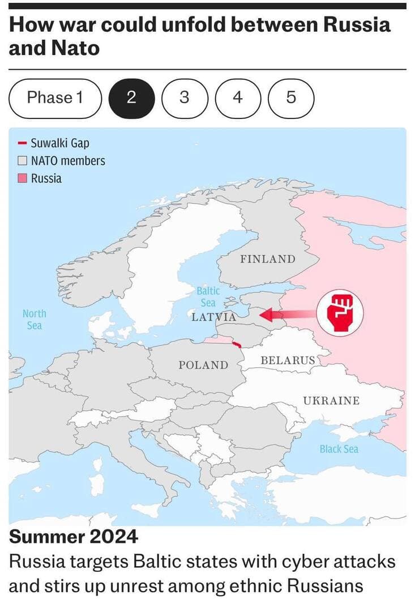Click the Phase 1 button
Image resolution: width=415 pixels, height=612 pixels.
click(x=55, y=98)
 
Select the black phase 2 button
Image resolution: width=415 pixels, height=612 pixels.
click(x=131, y=98)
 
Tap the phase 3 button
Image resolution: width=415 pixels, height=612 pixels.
click(x=184, y=98)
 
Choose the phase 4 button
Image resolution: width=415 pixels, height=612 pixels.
click(x=237, y=98)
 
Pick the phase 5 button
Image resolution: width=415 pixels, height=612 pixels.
click(x=290, y=98)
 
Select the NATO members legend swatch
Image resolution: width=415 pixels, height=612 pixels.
click(x=23, y=161)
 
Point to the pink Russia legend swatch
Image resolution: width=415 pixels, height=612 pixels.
click(x=23, y=178)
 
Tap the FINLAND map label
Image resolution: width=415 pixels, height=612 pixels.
click(x=268, y=259)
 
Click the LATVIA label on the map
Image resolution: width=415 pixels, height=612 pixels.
click(x=214, y=316)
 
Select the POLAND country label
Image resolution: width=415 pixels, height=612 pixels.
click(x=203, y=365)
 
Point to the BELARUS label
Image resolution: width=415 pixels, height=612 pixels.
click(x=288, y=360)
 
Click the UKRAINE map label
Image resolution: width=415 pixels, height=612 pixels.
click(x=331, y=401)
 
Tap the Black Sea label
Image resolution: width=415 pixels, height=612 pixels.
click(x=339, y=449)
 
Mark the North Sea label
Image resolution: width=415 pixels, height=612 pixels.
click(x=35, y=320)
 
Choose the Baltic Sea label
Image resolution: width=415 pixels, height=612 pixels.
click(x=208, y=296)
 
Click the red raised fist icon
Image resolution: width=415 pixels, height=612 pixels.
click(x=339, y=312)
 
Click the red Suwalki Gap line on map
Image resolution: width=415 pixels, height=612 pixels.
click(x=237, y=343)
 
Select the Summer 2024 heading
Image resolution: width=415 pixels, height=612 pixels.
click(x=74, y=536)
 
